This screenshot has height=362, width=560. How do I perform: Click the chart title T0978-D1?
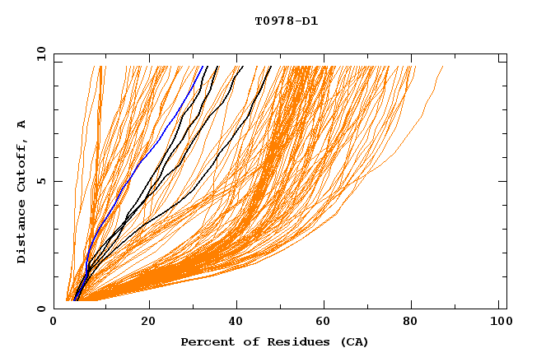pos(286,21)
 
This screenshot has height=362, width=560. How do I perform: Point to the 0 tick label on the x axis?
pos(54,323)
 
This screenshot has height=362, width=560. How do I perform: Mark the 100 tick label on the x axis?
pos(500,323)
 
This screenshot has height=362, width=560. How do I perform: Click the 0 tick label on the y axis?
pos(42,309)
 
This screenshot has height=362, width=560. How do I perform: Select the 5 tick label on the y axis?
pos(42,181)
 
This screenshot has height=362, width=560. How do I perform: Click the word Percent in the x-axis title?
pos(204,342)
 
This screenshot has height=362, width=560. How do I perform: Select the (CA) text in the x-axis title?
pos(354,342)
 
